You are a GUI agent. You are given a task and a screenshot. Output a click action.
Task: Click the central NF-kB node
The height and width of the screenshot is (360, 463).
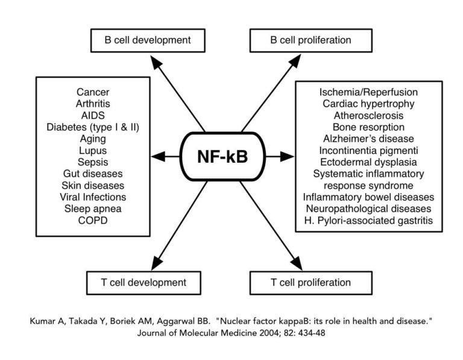pyautogui.click(x=223, y=157)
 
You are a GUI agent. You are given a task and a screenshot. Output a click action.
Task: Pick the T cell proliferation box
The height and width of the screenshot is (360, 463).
pyautogui.click(x=301, y=282)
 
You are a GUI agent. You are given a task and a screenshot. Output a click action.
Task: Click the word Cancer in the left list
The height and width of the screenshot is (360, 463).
pyautogui.click(x=92, y=92)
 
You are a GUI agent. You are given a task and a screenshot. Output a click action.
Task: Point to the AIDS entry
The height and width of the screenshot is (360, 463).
pyautogui.click(x=92, y=115)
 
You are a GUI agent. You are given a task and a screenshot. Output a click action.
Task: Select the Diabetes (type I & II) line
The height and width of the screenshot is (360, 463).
pyautogui.click(x=92, y=127)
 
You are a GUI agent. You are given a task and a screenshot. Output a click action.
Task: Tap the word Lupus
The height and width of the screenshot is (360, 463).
pyautogui.click(x=92, y=150)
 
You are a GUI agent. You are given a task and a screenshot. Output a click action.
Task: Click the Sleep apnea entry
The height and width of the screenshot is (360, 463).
pyautogui.click(x=92, y=208)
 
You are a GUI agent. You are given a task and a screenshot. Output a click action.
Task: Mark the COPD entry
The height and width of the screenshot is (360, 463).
pyautogui.click(x=92, y=220)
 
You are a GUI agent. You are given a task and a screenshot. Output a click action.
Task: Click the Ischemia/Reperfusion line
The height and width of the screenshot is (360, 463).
pyautogui.click(x=369, y=92)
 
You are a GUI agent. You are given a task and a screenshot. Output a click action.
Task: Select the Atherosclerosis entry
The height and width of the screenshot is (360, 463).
pyautogui.click(x=369, y=115)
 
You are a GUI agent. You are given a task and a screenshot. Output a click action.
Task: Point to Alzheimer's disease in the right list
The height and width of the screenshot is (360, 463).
pyautogui.click(x=369, y=139)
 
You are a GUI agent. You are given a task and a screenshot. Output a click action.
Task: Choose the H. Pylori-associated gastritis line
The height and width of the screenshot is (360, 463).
pyautogui.click(x=369, y=220)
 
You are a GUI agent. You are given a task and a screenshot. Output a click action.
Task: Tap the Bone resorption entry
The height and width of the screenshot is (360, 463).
pyautogui.click(x=369, y=127)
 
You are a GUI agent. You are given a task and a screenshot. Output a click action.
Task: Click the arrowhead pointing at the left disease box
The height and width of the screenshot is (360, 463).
pyautogui.click(x=158, y=157)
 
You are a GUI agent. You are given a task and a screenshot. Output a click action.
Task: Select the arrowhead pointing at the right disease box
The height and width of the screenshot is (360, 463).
pyautogui.click(x=288, y=157)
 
